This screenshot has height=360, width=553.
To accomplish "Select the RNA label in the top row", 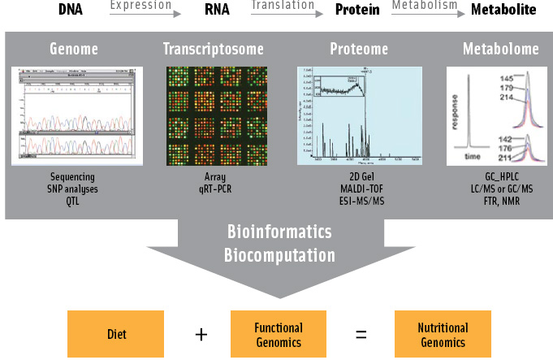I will click(216, 11).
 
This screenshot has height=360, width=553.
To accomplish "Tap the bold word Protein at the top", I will click(358, 11).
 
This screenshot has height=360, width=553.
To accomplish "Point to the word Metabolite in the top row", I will click(503, 11).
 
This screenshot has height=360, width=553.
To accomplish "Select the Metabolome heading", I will click(500, 50).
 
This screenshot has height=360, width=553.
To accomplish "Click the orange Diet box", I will click(117, 334).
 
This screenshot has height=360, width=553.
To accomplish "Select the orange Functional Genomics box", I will click(278, 334).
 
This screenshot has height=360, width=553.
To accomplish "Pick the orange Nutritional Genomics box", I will click(442, 334).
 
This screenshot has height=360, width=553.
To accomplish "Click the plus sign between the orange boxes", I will click(198, 334).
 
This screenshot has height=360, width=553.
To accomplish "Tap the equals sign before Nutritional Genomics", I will click(361, 334).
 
